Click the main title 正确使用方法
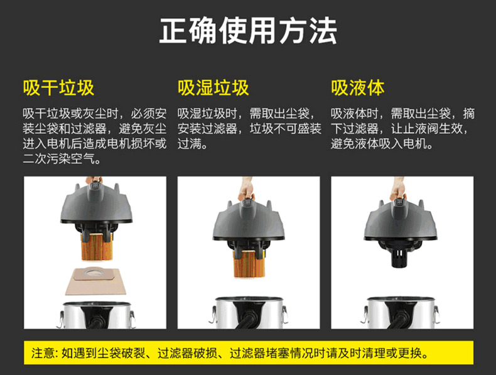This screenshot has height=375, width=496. [x=248, y=31]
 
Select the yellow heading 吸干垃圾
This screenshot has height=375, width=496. [x=58, y=88]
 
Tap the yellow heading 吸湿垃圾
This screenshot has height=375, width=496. [x=213, y=88]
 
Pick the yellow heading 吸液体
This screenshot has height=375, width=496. [x=358, y=88]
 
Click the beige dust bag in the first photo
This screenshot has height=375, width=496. [x=95, y=281]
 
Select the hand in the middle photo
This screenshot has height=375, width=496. [x=246, y=188]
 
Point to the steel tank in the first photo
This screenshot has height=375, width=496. [x=96, y=315]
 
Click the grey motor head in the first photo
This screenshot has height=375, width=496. [x=96, y=204]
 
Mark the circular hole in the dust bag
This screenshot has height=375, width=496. [x=97, y=272]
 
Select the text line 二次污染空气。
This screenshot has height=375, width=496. [x=62, y=159]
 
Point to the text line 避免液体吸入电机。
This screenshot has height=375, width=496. [x=382, y=144]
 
